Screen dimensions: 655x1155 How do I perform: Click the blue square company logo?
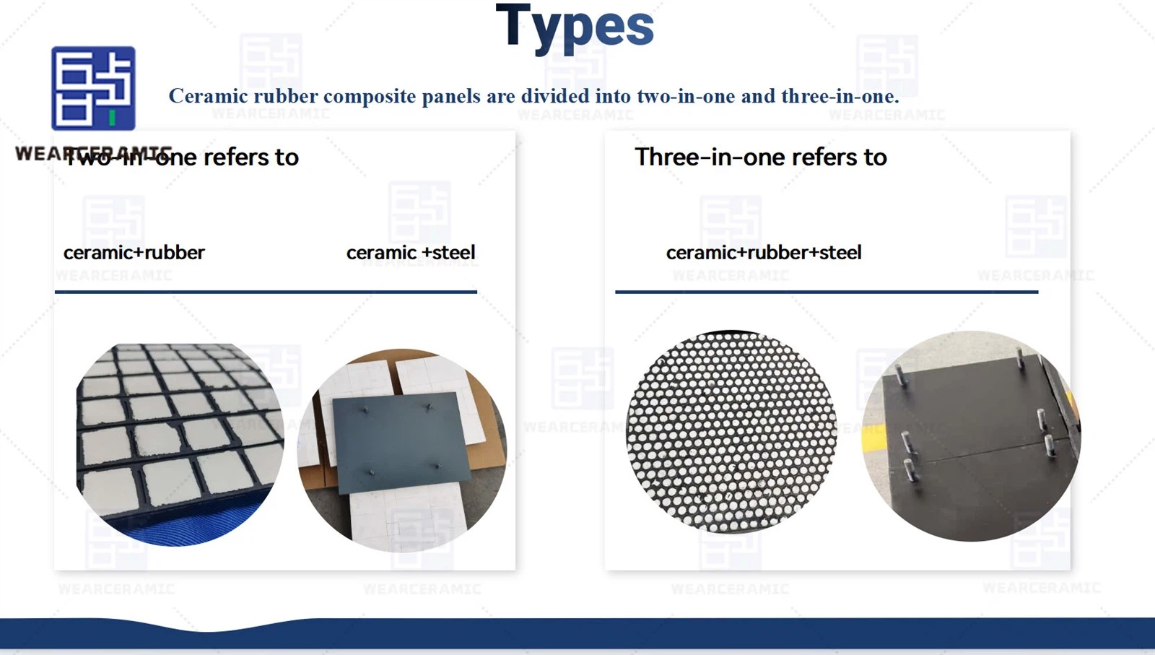[x=93, y=88]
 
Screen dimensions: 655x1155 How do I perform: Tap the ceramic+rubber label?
[x=134, y=253]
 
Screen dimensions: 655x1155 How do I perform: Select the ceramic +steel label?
[x=411, y=253]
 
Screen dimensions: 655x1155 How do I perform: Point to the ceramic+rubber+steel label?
[x=764, y=253]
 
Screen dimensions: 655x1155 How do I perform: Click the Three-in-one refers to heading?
[x=761, y=157]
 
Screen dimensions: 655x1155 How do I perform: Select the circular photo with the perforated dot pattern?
[x=731, y=432]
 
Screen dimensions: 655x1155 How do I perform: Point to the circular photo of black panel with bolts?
[x=971, y=435]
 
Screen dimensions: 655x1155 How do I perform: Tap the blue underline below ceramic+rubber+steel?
[x=827, y=292]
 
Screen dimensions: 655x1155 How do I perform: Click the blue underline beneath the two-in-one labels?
[x=266, y=292]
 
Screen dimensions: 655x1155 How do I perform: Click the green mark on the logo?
[x=112, y=117]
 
